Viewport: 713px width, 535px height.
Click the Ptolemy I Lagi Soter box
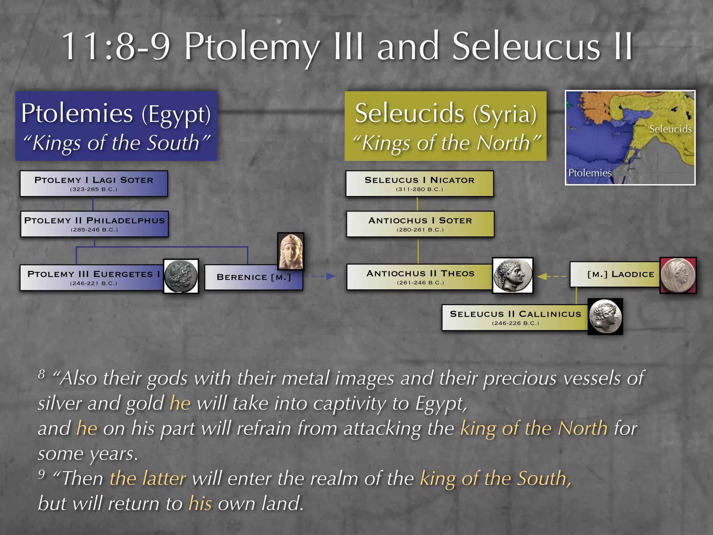point(94,184)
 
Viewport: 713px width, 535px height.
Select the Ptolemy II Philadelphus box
point(94,224)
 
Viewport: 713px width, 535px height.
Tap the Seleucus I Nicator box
point(420,184)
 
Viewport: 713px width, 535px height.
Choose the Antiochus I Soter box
point(420,224)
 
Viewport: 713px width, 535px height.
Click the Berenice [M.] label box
point(253,277)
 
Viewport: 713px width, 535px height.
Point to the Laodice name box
point(615,274)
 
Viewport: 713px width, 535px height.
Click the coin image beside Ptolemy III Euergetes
point(181,276)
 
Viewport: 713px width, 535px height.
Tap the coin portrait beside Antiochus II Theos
point(512,275)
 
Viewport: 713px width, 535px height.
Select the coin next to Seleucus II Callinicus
point(605,317)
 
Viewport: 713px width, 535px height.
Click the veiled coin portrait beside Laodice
point(678,275)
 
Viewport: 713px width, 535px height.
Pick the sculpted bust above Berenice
point(291,251)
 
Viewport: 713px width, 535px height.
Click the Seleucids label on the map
point(670,129)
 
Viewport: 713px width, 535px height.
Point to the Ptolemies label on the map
point(589,173)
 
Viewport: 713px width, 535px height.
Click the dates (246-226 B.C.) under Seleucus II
point(515,323)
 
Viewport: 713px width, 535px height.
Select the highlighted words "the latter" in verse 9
point(148,478)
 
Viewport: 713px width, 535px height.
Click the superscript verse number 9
point(42,474)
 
